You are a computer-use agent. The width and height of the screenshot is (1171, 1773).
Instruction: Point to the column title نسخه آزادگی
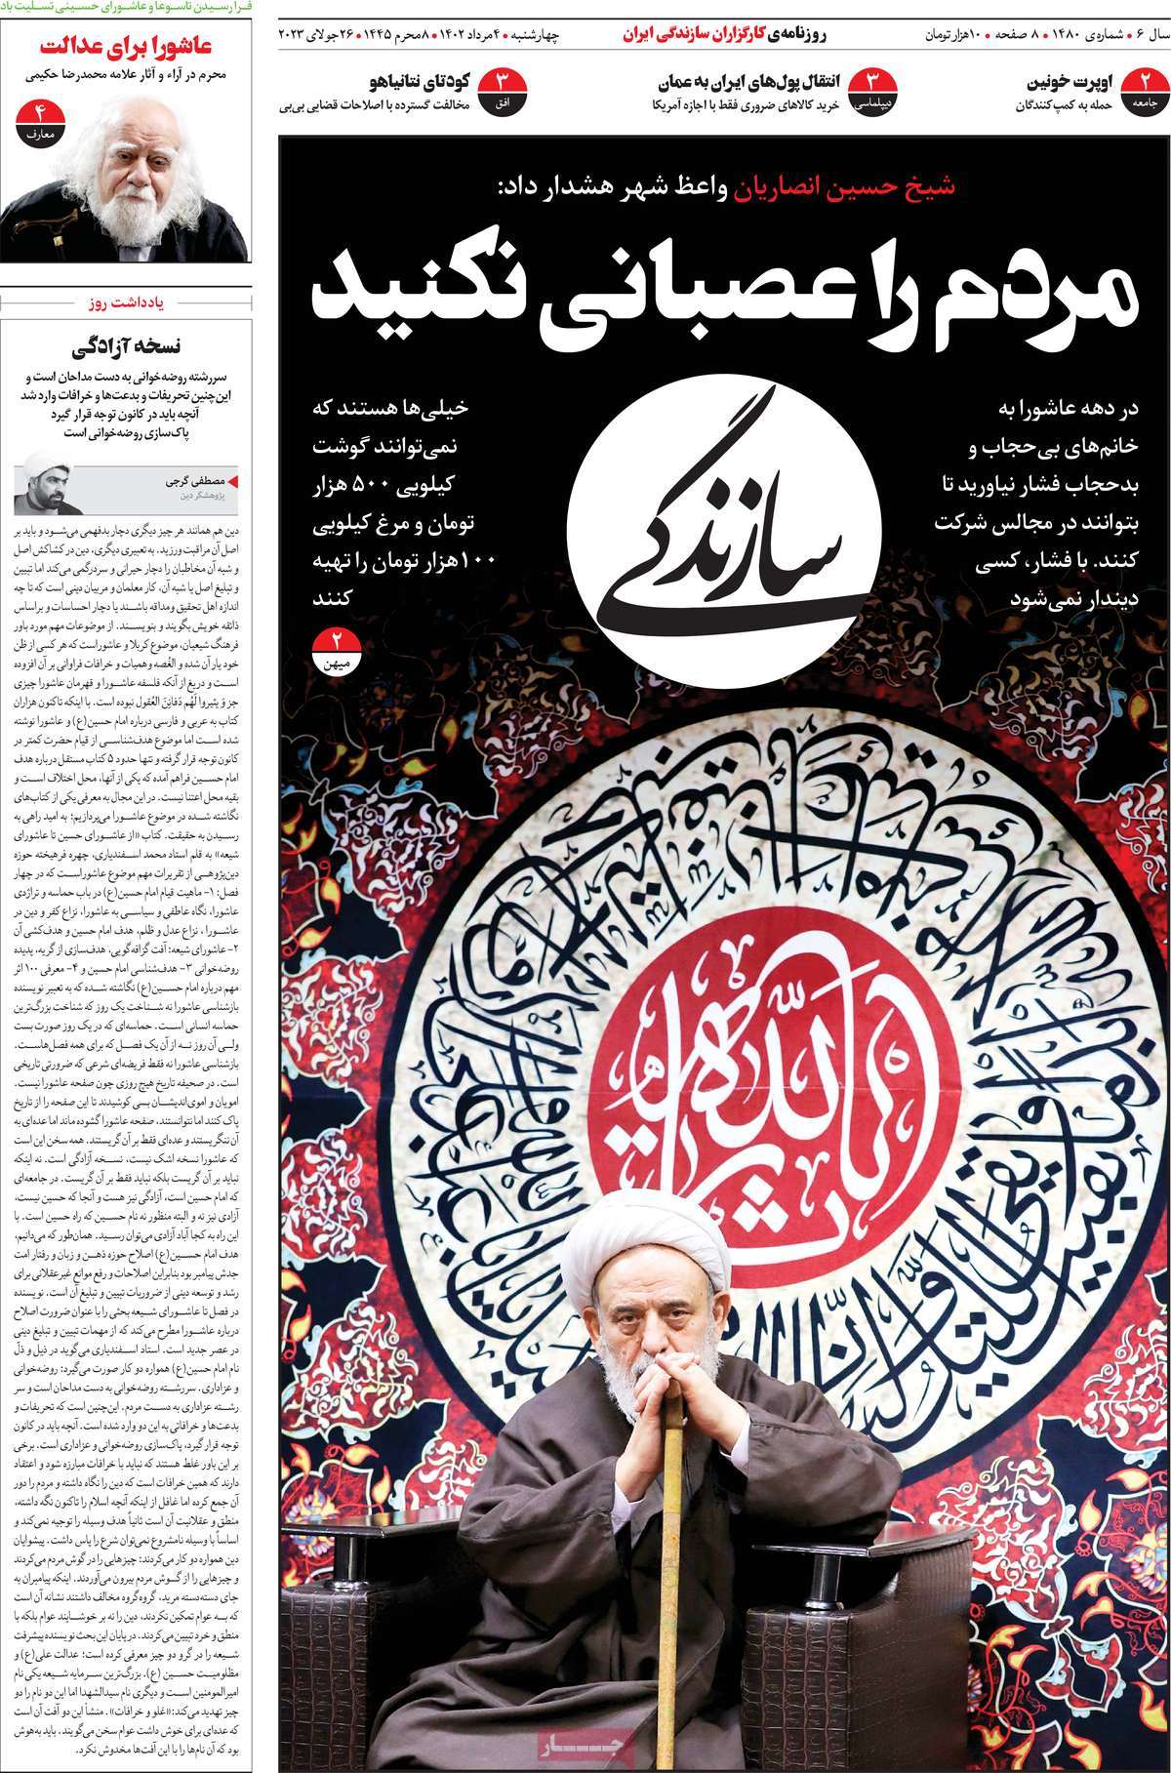(127, 346)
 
